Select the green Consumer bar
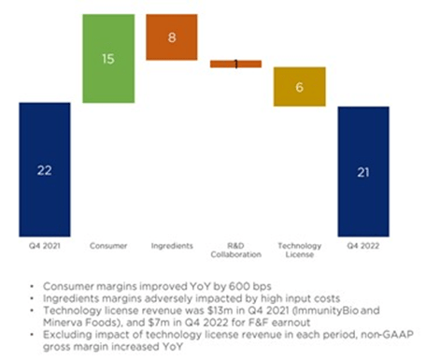point(108,58)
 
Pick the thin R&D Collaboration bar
point(235,64)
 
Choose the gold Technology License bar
point(299,86)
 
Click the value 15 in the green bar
point(108,58)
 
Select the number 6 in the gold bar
point(299,86)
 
